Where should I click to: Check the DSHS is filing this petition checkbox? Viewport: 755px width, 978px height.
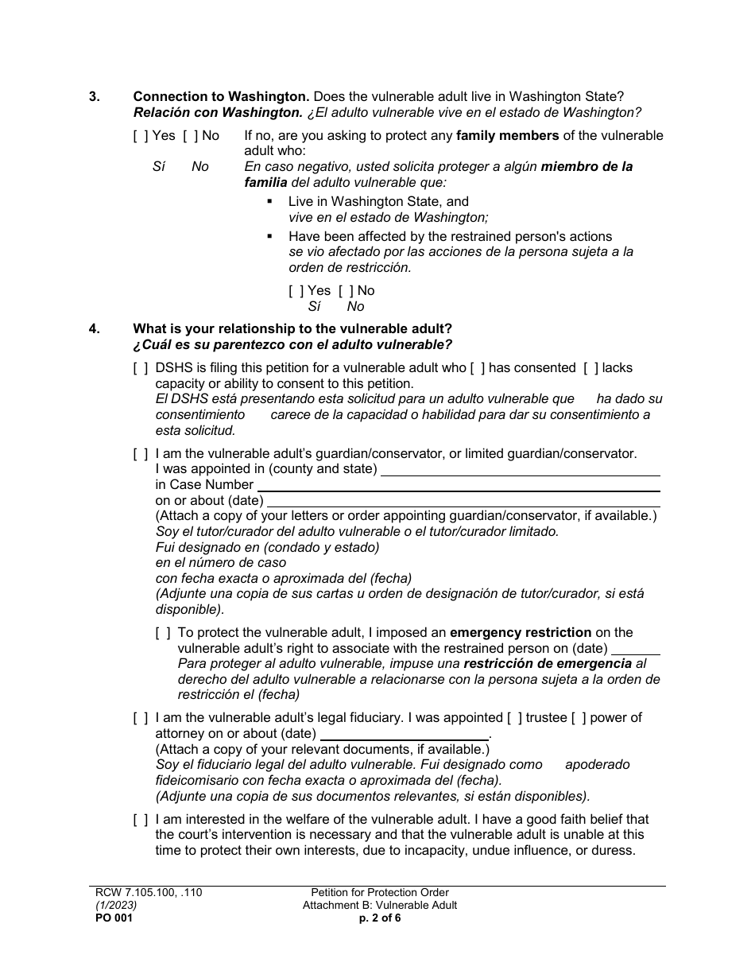click(x=141, y=368)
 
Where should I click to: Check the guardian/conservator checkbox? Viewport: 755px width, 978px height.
click(x=141, y=454)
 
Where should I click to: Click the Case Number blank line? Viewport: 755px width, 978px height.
click(x=459, y=485)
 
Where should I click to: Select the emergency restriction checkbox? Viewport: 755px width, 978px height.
click(x=163, y=633)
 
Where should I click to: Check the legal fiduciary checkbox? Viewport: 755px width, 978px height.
click(x=141, y=718)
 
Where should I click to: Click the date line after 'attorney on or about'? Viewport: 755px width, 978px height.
click(x=404, y=734)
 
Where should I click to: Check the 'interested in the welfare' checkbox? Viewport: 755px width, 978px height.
click(x=141, y=820)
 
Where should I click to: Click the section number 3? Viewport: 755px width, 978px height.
click(x=95, y=97)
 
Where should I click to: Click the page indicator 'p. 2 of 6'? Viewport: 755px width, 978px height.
click(x=380, y=918)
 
